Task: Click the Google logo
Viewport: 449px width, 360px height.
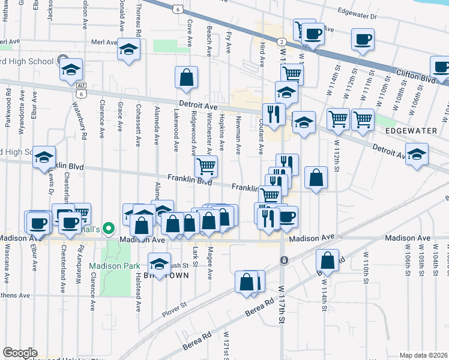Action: point(20,353)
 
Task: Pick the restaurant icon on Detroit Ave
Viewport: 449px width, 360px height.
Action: point(274,113)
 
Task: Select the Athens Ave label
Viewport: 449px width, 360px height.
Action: point(15,295)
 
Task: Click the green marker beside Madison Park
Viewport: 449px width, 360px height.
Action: point(108,228)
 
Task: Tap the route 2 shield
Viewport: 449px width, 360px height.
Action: point(281,41)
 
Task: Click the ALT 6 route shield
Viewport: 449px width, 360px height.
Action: point(81,90)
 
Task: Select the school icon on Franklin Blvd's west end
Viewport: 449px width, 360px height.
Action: point(44,157)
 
